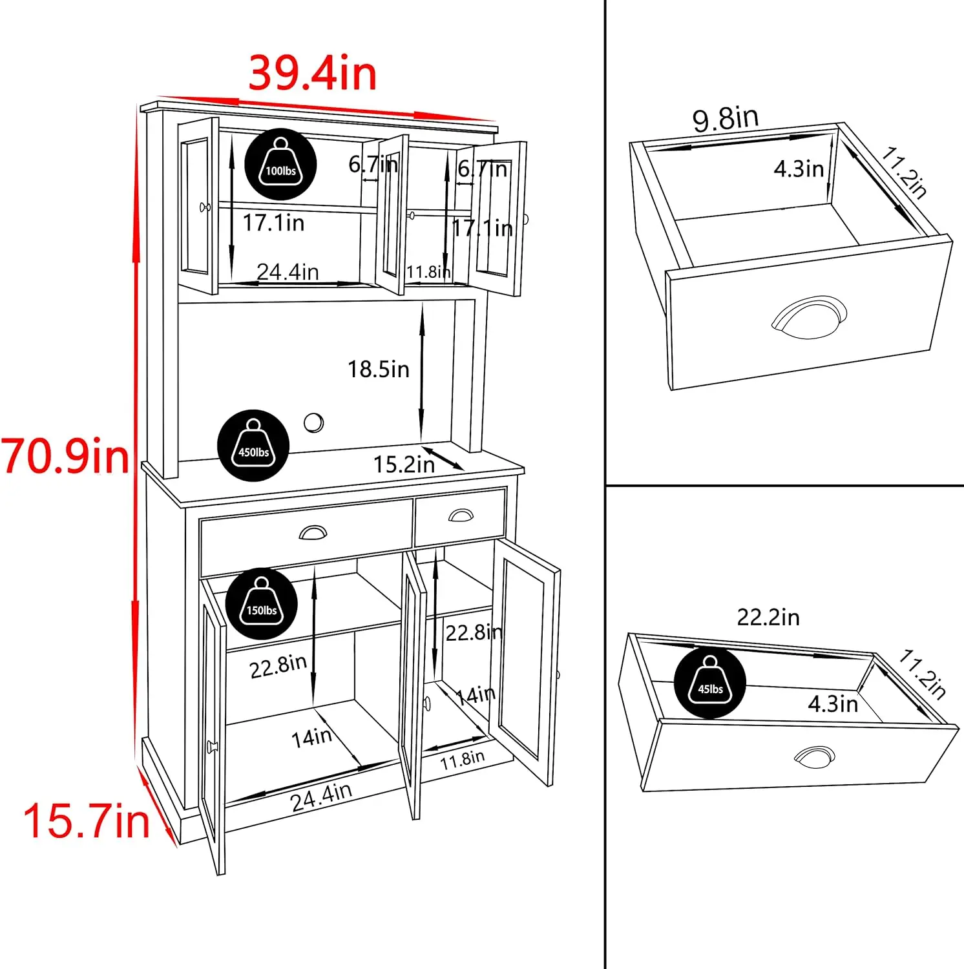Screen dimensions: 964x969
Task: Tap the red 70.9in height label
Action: tap(65, 455)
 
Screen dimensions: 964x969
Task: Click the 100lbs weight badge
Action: tap(280, 164)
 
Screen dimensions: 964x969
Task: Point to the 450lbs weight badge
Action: tap(253, 445)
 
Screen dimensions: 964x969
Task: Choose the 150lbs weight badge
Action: tap(262, 603)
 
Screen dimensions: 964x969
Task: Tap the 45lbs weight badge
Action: tap(710, 682)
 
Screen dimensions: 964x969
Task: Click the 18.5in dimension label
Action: tap(379, 369)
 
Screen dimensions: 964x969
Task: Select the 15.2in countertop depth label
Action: tap(404, 464)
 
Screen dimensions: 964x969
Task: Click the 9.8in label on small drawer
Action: tap(726, 119)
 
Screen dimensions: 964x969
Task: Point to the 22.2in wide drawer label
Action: tap(768, 617)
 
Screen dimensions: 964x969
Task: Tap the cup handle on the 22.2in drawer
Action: tap(814, 756)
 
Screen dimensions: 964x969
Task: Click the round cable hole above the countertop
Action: tap(313, 422)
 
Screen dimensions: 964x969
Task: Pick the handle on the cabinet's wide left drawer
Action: tap(313, 532)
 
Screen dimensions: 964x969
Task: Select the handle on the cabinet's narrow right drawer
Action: tap(461, 515)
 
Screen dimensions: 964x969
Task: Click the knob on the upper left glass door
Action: tap(205, 207)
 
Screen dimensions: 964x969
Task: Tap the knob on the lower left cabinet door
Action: tap(212, 747)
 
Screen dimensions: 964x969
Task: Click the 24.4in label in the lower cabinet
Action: tap(321, 797)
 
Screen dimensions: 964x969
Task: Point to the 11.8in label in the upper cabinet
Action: tap(428, 271)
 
